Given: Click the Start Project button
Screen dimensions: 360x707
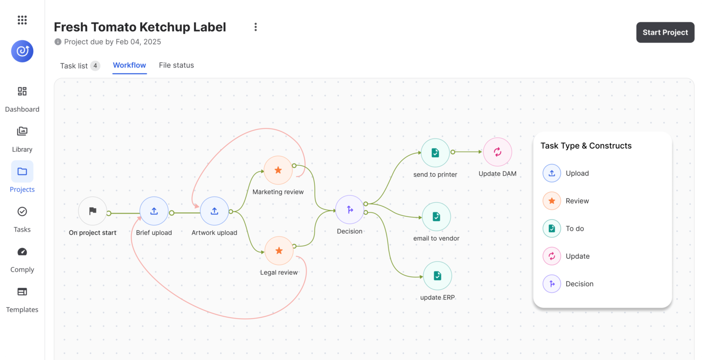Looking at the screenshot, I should click(665, 32).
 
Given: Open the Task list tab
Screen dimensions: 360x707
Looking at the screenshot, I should click(79, 66).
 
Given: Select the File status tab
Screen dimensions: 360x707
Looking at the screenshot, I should click(176, 65).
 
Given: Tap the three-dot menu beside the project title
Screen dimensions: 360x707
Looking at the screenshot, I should click(255, 27).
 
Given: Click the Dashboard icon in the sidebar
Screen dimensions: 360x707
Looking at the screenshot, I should click(22, 91).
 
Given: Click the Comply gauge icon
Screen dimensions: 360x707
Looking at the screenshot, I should click(22, 251).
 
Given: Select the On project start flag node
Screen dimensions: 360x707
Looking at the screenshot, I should click(93, 211).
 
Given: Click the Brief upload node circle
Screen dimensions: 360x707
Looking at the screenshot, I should click(154, 211).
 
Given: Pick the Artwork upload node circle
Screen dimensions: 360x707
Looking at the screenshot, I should click(214, 211).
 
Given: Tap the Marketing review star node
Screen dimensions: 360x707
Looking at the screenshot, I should click(278, 170).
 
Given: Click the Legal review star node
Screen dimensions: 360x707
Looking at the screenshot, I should click(279, 251).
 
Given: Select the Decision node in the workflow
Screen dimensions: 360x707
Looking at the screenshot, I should click(350, 210).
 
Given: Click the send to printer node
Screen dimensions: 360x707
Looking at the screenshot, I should click(435, 153).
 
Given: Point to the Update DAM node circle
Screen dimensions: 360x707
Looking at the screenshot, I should click(498, 152).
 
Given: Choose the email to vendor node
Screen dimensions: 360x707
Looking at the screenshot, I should click(436, 216).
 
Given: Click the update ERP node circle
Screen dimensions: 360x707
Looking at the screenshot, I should click(437, 276).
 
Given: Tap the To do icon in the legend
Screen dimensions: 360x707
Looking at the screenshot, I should click(551, 229).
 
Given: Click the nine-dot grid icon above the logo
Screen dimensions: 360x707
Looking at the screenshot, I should click(22, 20).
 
